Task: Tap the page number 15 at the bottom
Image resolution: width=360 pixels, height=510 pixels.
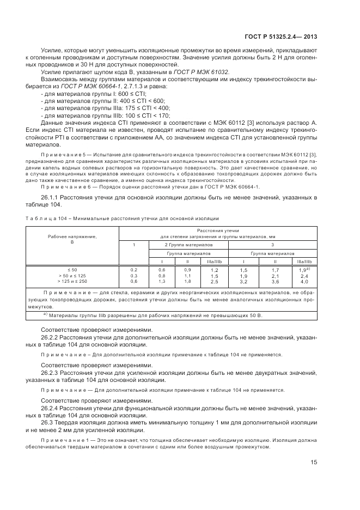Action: (314, 463)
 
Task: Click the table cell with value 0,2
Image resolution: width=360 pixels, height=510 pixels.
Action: (134, 270)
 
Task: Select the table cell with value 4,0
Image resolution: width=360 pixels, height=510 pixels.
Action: (304, 281)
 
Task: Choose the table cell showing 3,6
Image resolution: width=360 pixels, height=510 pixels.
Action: (274, 281)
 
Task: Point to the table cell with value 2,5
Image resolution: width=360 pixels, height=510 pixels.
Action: (214, 281)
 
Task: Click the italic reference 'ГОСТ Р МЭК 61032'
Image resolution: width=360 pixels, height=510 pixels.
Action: (202, 71)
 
